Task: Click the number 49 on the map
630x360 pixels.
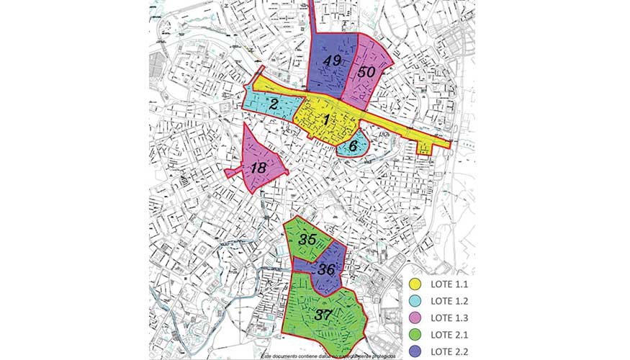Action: coord(332,60)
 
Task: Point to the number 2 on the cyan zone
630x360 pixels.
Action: coord(274,104)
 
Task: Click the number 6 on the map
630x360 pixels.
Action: coord(354,145)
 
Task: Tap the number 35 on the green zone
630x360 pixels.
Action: coord(309,240)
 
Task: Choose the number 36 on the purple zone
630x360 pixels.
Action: coord(326,270)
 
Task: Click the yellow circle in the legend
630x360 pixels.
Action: coord(414,286)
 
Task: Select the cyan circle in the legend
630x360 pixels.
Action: coord(414,301)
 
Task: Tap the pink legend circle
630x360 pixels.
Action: coord(414,317)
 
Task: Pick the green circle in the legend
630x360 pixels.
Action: coord(414,333)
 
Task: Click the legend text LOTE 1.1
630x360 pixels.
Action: coord(448,286)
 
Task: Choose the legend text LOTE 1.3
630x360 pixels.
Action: coord(448,317)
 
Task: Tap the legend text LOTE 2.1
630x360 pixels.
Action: coord(448,333)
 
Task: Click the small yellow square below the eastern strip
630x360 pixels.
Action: coord(425,148)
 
